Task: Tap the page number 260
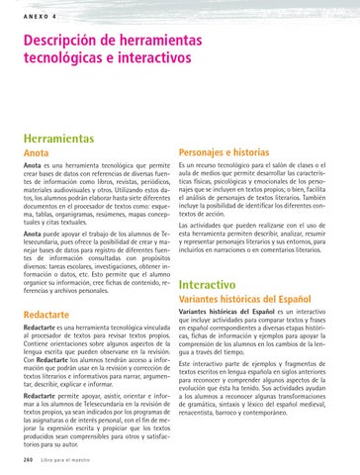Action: click(x=30, y=459)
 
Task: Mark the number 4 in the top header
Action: click(x=55, y=15)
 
